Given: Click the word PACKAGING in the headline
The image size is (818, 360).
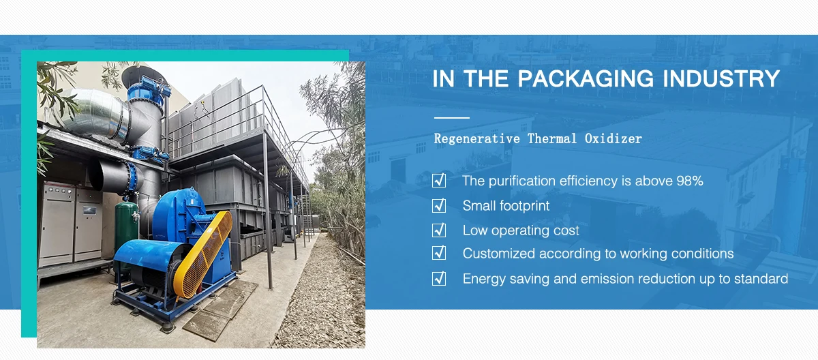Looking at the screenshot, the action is click(x=586, y=78).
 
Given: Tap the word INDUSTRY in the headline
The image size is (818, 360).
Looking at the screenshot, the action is click(x=721, y=78).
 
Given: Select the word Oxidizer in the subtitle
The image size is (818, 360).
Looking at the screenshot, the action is click(x=613, y=138).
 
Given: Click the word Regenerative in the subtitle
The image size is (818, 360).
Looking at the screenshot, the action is click(x=477, y=138).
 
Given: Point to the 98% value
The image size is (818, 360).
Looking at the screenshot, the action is click(x=690, y=181).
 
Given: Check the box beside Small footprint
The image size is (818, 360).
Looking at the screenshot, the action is click(x=439, y=205).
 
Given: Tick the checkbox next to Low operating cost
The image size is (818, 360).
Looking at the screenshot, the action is click(x=439, y=230).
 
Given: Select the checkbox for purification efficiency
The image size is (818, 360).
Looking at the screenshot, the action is click(x=439, y=181).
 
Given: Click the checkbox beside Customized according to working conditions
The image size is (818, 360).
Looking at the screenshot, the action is click(x=439, y=253).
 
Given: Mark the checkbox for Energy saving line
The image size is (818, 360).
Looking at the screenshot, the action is click(x=439, y=278).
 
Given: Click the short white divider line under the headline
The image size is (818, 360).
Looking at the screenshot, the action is click(x=452, y=118).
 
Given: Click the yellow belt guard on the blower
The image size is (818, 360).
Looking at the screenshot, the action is click(x=203, y=254).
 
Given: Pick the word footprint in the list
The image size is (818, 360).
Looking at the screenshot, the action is click(x=524, y=206).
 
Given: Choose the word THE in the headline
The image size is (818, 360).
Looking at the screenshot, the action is click(x=485, y=78).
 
